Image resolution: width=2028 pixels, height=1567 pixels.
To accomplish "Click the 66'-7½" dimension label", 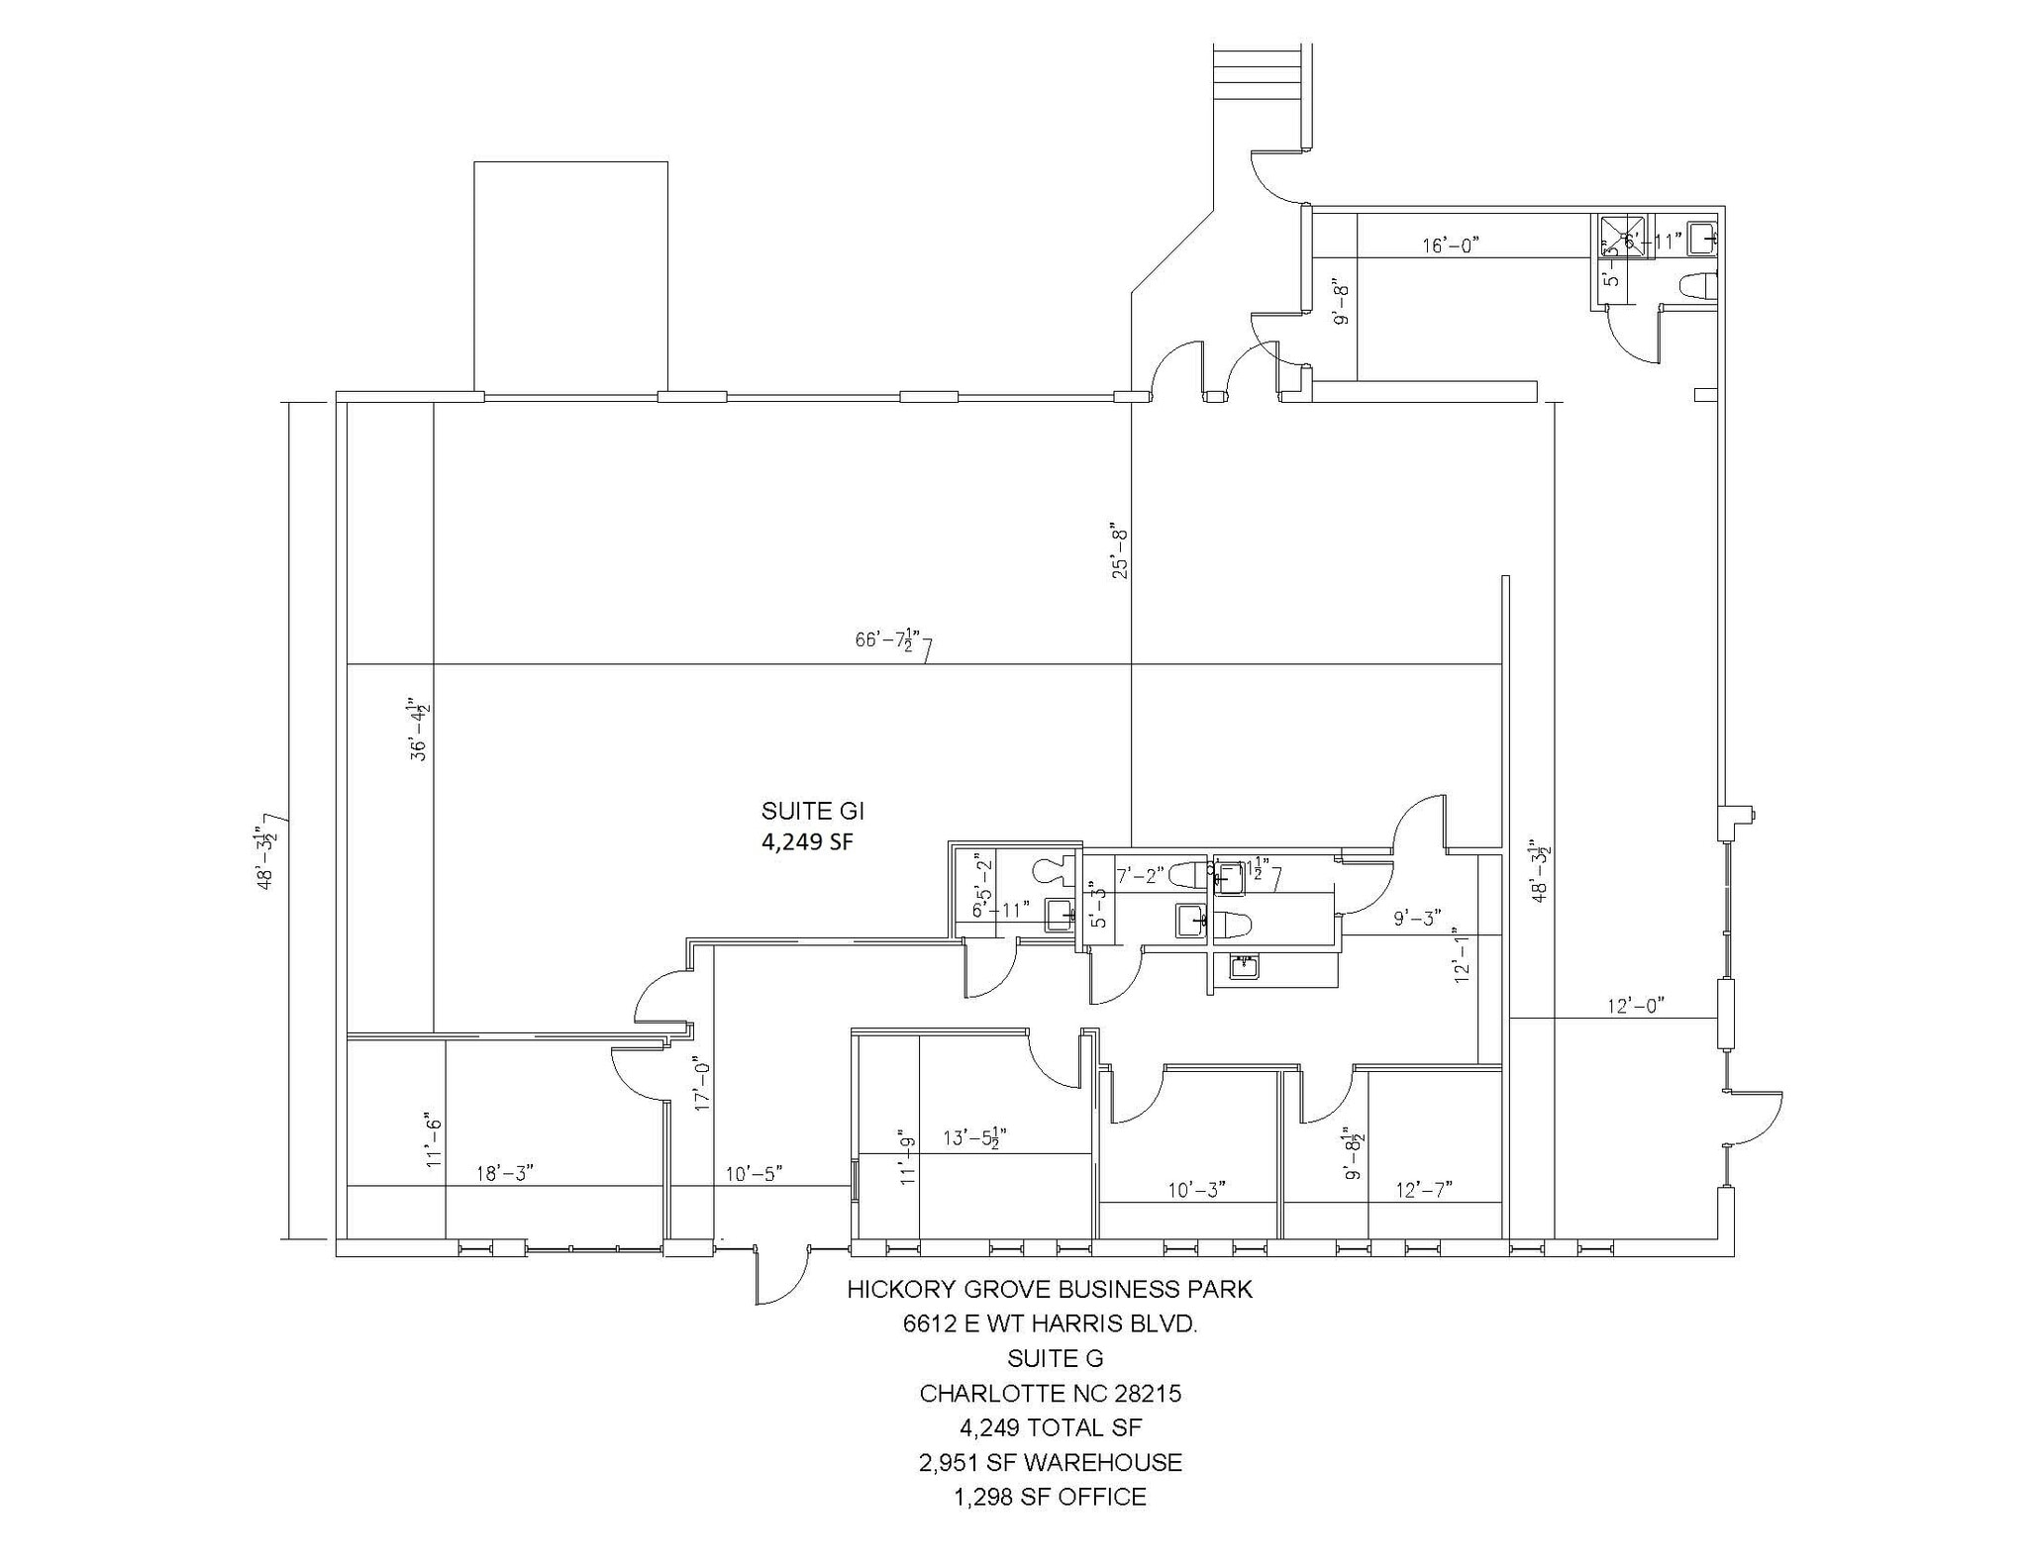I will tap(889, 639).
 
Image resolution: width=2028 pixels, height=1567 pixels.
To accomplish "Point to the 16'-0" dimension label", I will tap(1451, 245).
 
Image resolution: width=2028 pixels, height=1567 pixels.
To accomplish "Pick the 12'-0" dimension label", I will tap(1635, 1006).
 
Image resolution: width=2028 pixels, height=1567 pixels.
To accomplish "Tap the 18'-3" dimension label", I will tap(505, 1173).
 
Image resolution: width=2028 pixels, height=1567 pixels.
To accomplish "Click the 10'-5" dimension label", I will tap(754, 1173).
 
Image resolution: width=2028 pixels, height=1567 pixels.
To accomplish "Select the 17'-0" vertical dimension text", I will tap(703, 1082).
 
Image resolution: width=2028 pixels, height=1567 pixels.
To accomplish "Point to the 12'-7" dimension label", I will tap(1424, 1189).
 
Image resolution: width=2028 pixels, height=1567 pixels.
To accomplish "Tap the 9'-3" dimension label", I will tap(1417, 918).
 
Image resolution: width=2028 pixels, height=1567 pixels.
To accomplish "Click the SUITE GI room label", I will tap(812, 812).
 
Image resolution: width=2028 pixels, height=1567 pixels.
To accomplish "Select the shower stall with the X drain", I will tap(1622, 237).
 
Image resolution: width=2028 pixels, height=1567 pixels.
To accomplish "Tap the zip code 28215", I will tap(1148, 1393).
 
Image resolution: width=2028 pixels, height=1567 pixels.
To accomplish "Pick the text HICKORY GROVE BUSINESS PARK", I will tap(1050, 1289).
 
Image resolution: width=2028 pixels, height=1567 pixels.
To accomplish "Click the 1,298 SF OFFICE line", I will tap(1050, 1497).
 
